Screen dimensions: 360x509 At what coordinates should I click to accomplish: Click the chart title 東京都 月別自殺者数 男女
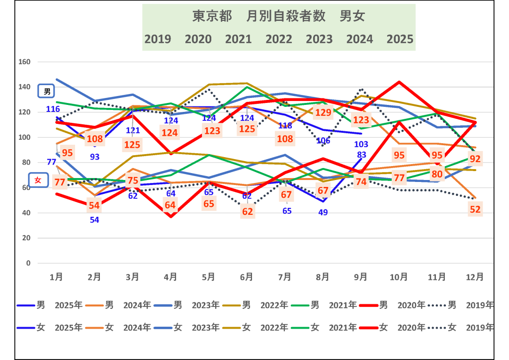278,16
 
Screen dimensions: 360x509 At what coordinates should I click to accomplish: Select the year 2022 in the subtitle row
279,39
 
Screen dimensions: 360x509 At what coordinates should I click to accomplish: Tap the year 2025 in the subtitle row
400,39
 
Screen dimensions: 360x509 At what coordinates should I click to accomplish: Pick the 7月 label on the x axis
284,276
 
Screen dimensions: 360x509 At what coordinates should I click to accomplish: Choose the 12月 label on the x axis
475,276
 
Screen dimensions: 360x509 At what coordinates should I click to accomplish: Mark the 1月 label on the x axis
57,276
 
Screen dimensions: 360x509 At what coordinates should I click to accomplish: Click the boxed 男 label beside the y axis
47,91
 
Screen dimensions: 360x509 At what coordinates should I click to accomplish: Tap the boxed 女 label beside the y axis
38,180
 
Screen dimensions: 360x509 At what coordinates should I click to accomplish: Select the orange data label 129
323,113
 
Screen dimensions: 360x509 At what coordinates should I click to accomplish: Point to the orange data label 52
475,210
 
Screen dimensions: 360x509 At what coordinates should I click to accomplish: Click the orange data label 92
475,159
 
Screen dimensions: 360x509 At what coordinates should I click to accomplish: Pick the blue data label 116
53,109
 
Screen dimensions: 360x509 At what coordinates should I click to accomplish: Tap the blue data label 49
323,213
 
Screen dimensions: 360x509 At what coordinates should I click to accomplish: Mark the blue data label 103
361,144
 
